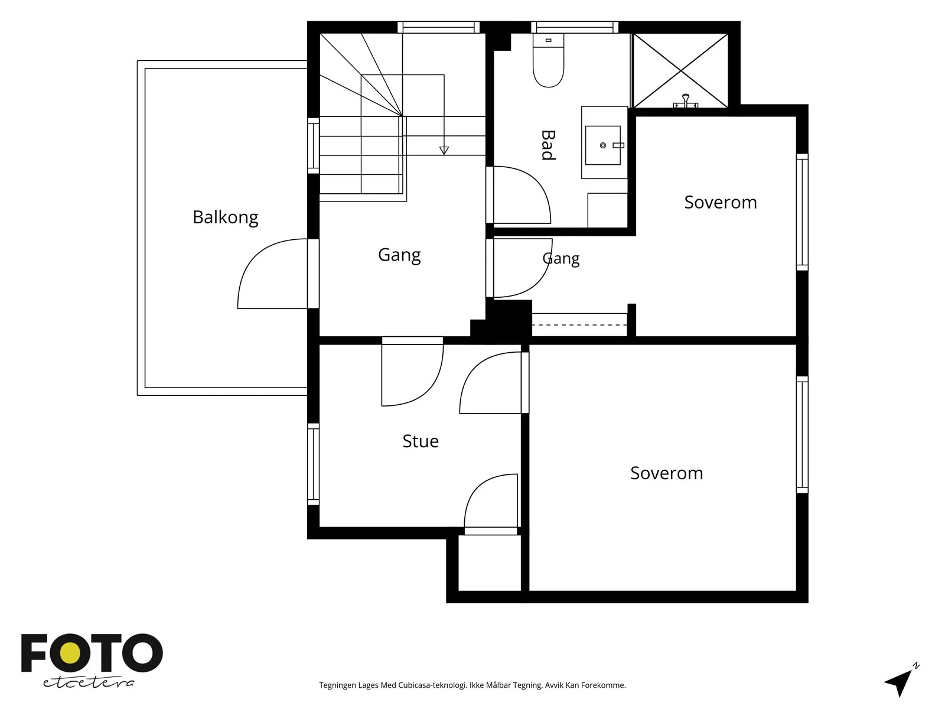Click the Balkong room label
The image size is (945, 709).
(225, 217)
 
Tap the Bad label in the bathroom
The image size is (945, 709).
(548, 145)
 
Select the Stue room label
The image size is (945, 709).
(421, 441)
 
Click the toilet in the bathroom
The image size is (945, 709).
(549, 60)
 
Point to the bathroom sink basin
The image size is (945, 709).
(603, 145)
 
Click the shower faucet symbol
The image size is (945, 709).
(685, 102)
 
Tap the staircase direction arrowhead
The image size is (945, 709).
(444, 150)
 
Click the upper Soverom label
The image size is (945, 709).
(720, 202)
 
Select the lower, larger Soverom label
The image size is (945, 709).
(666, 473)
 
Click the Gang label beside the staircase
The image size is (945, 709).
(399, 255)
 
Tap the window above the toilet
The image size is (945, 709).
(575, 27)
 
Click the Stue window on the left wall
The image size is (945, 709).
(313, 464)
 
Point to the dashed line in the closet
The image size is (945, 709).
(579, 324)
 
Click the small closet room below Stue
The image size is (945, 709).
(490, 562)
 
